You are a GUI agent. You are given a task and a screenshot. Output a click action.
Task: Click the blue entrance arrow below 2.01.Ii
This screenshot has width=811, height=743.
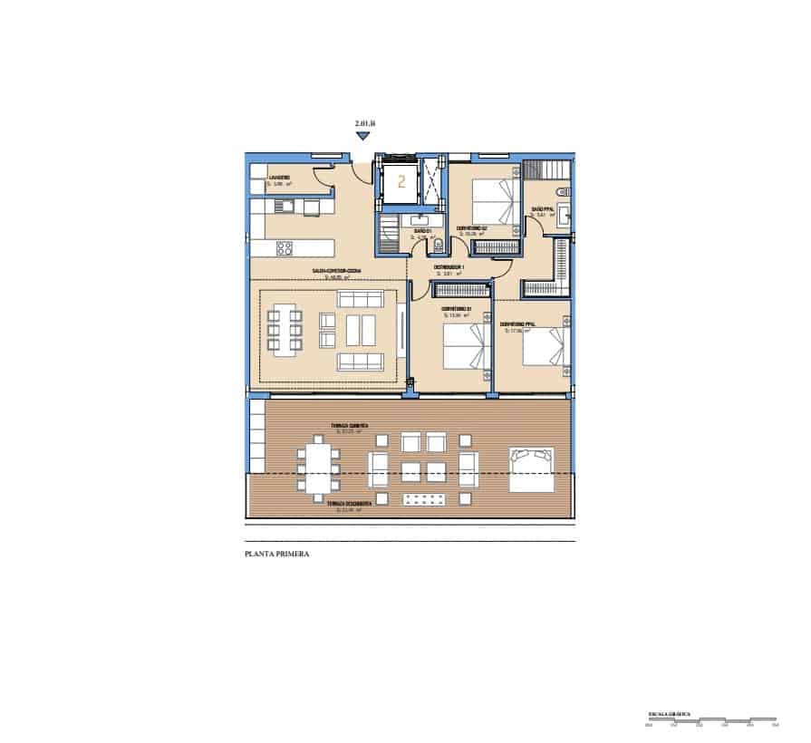coord(362,136)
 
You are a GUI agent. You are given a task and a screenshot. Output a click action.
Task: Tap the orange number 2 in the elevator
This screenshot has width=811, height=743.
coord(400,180)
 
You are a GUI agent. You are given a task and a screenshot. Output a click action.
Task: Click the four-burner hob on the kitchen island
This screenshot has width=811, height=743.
coord(284,247)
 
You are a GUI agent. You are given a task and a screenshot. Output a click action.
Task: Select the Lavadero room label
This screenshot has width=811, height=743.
coord(279,178)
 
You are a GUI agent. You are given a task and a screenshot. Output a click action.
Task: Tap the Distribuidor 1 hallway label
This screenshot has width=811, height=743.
coord(449,267)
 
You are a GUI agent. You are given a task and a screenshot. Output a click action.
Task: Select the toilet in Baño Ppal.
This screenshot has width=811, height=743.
coord(564,191)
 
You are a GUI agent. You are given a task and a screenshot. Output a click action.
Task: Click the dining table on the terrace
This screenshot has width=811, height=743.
coord(316,468)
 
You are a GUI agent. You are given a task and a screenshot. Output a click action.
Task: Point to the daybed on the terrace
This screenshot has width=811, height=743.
coord(531,468)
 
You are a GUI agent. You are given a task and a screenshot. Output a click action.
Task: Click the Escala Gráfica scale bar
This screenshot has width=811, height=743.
coord(710,720)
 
